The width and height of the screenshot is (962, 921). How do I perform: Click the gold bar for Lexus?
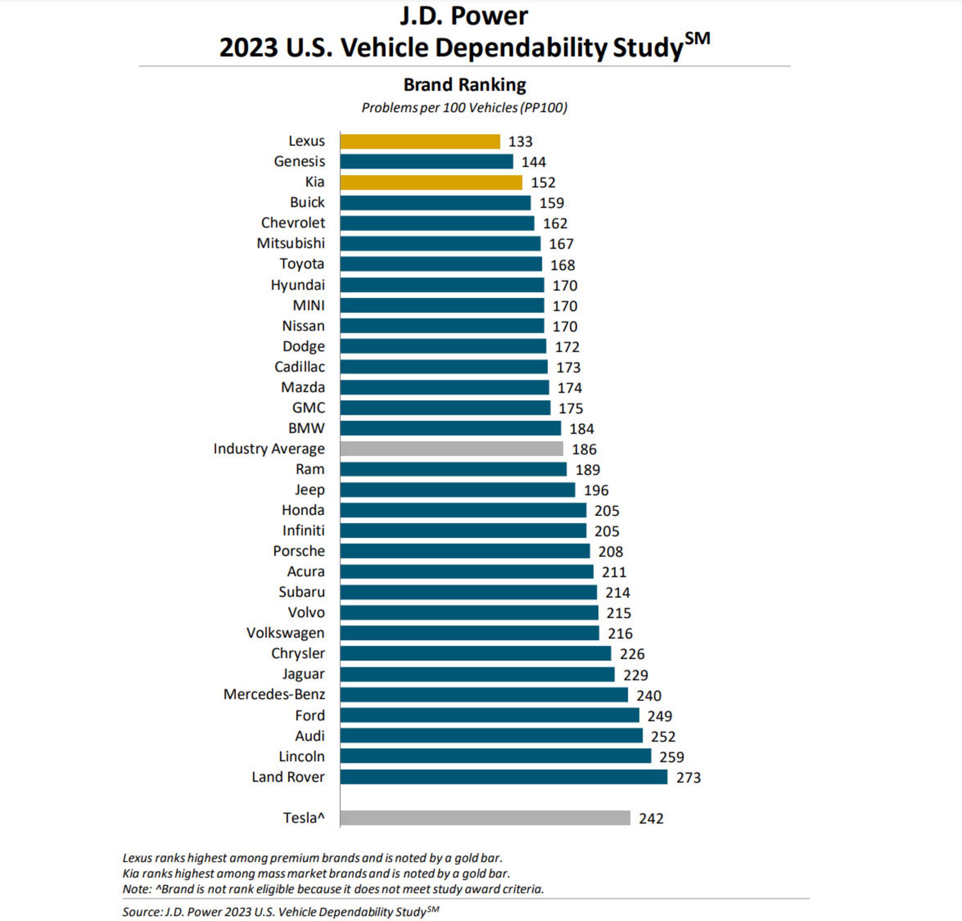coord(420,142)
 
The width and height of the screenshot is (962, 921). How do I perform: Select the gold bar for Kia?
coord(431,182)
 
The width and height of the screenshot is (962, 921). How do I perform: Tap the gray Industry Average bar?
coord(451,448)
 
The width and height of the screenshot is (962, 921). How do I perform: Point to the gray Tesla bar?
coord(485,818)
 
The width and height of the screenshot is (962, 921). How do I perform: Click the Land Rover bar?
coord(504,777)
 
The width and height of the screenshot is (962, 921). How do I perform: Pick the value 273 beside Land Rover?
coord(688,778)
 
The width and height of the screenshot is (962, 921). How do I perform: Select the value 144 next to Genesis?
coord(534,162)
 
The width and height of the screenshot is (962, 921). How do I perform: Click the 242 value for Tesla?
coord(651,819)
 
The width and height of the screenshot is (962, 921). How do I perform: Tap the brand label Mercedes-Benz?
coord(274,695)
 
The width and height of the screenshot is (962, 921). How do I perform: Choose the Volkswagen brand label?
coord(286,633)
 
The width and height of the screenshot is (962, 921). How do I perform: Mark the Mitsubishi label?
coord(291,244)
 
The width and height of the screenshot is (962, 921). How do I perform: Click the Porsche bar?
coord(465,551)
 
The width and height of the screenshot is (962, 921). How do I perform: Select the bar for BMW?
coord(450,428)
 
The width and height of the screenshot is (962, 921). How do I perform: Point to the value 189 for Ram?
coord(588,470)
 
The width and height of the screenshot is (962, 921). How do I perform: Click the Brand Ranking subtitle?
coord(464,85)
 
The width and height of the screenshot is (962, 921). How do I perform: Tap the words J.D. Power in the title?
coord(463,17)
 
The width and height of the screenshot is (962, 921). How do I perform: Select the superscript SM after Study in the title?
coord(697,39)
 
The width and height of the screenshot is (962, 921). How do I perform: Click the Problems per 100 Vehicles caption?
coord(464,108)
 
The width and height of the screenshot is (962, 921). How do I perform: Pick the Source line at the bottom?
coord(281,911)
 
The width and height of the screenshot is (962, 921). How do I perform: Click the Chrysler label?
coord(298,654)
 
